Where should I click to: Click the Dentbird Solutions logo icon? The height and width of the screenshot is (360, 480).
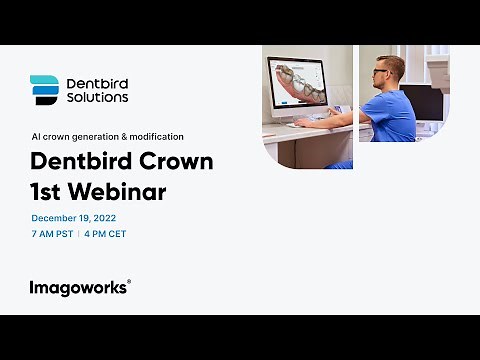coord(44,90)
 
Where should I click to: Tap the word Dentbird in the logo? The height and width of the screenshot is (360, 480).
coord(96,83)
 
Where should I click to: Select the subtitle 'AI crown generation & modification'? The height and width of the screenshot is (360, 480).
coord(107,136)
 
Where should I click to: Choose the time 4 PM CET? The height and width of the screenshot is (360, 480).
coord(105,234)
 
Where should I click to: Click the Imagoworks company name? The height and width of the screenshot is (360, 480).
coord(77,287)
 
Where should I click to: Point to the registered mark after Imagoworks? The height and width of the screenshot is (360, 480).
coord(129,282)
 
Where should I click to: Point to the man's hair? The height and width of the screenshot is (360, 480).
coord(393,63)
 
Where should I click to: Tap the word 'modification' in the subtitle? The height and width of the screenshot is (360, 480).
coord(156,136)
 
